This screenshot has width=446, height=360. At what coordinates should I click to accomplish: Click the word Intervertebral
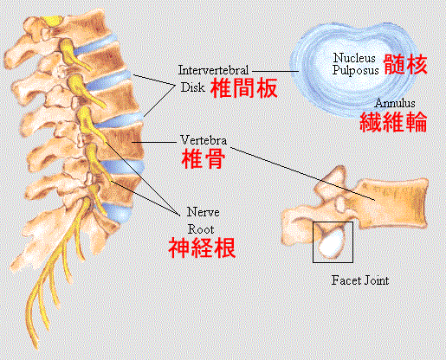pos(213,70)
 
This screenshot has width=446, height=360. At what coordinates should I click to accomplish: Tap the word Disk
pos(193,87)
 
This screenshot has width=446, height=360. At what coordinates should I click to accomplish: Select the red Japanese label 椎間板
pos(244,88)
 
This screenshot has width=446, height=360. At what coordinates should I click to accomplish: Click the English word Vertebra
pos(204,140)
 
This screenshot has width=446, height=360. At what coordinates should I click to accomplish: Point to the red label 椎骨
pos(204,158)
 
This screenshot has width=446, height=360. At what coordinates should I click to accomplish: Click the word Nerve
pos(203,212)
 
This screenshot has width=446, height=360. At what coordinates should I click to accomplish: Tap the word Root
pos(201,229)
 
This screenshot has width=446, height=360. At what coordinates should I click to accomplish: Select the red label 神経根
pos(202,247)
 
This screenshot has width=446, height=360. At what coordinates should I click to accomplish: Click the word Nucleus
pos(354,58)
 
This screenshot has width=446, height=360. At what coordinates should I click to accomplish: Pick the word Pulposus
pos(355,70)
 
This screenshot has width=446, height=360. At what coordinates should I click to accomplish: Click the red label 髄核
pos(405,65)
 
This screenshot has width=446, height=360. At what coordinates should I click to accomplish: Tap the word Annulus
pos(395,103)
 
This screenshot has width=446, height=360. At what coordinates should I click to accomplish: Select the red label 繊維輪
pos(393,122)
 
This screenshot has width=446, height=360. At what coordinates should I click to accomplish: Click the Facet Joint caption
pos(360,280)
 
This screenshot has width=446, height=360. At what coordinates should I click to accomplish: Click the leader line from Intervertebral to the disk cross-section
pos(275,71)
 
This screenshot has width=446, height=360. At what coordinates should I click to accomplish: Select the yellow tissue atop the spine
pos(52,21)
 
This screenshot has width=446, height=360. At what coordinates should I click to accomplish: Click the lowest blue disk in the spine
pos(118,213)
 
